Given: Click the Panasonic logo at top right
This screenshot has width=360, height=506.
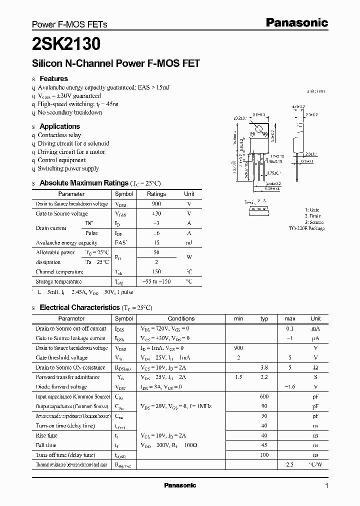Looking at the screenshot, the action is point(296,22).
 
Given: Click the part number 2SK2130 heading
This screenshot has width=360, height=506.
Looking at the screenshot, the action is point(66,44).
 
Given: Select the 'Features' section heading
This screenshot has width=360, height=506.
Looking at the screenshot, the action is point(53,78).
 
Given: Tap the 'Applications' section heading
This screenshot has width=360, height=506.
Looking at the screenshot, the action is point(59,126).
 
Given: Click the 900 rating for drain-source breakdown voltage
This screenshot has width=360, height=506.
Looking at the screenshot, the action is point(156,204).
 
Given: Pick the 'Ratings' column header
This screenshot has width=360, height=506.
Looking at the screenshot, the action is point(156,194).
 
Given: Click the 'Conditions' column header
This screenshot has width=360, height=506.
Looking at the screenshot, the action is point(181,318).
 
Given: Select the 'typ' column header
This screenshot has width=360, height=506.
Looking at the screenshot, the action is point(264,318).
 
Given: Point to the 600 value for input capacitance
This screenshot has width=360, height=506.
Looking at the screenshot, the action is point(264,396).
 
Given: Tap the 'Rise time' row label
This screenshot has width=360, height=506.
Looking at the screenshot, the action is point(46,435).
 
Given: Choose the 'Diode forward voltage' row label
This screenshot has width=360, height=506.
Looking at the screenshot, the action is point(61,387).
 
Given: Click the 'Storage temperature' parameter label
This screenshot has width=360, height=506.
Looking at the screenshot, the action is point(59,281).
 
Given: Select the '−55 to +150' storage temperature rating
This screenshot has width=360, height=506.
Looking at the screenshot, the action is point(156,281).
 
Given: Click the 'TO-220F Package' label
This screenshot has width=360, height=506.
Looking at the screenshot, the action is point(306,228).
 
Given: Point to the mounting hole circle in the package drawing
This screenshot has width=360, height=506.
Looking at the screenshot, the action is point(259,131).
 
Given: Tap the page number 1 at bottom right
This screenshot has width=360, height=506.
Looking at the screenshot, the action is point(326,486).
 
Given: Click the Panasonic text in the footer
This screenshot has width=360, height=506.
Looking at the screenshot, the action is point(180,485).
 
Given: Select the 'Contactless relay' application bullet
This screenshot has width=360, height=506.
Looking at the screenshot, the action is point(59,135).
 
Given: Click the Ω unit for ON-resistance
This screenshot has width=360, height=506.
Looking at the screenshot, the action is point(315,367).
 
